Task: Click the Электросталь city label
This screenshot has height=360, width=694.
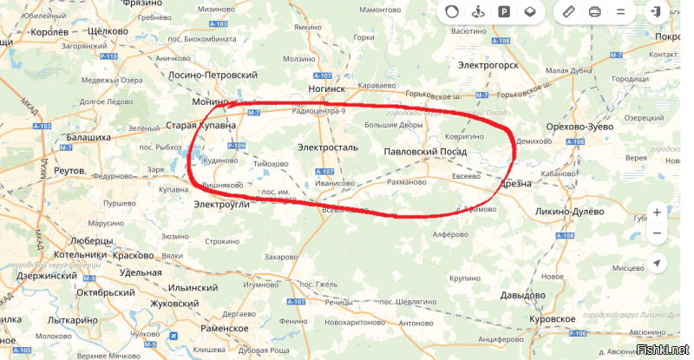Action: point(327,147)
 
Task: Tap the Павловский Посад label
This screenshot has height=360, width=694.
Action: point(425,152)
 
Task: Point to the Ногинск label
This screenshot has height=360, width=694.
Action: point(327,88)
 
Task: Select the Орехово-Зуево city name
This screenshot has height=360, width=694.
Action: point(579,127)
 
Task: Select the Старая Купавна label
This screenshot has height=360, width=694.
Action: point(201,126)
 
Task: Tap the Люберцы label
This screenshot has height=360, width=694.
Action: point(87,239)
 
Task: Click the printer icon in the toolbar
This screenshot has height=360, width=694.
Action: point(594,12)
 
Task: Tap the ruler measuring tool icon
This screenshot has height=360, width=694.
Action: point(569,12)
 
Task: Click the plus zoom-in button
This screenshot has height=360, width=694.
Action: point(657,213)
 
